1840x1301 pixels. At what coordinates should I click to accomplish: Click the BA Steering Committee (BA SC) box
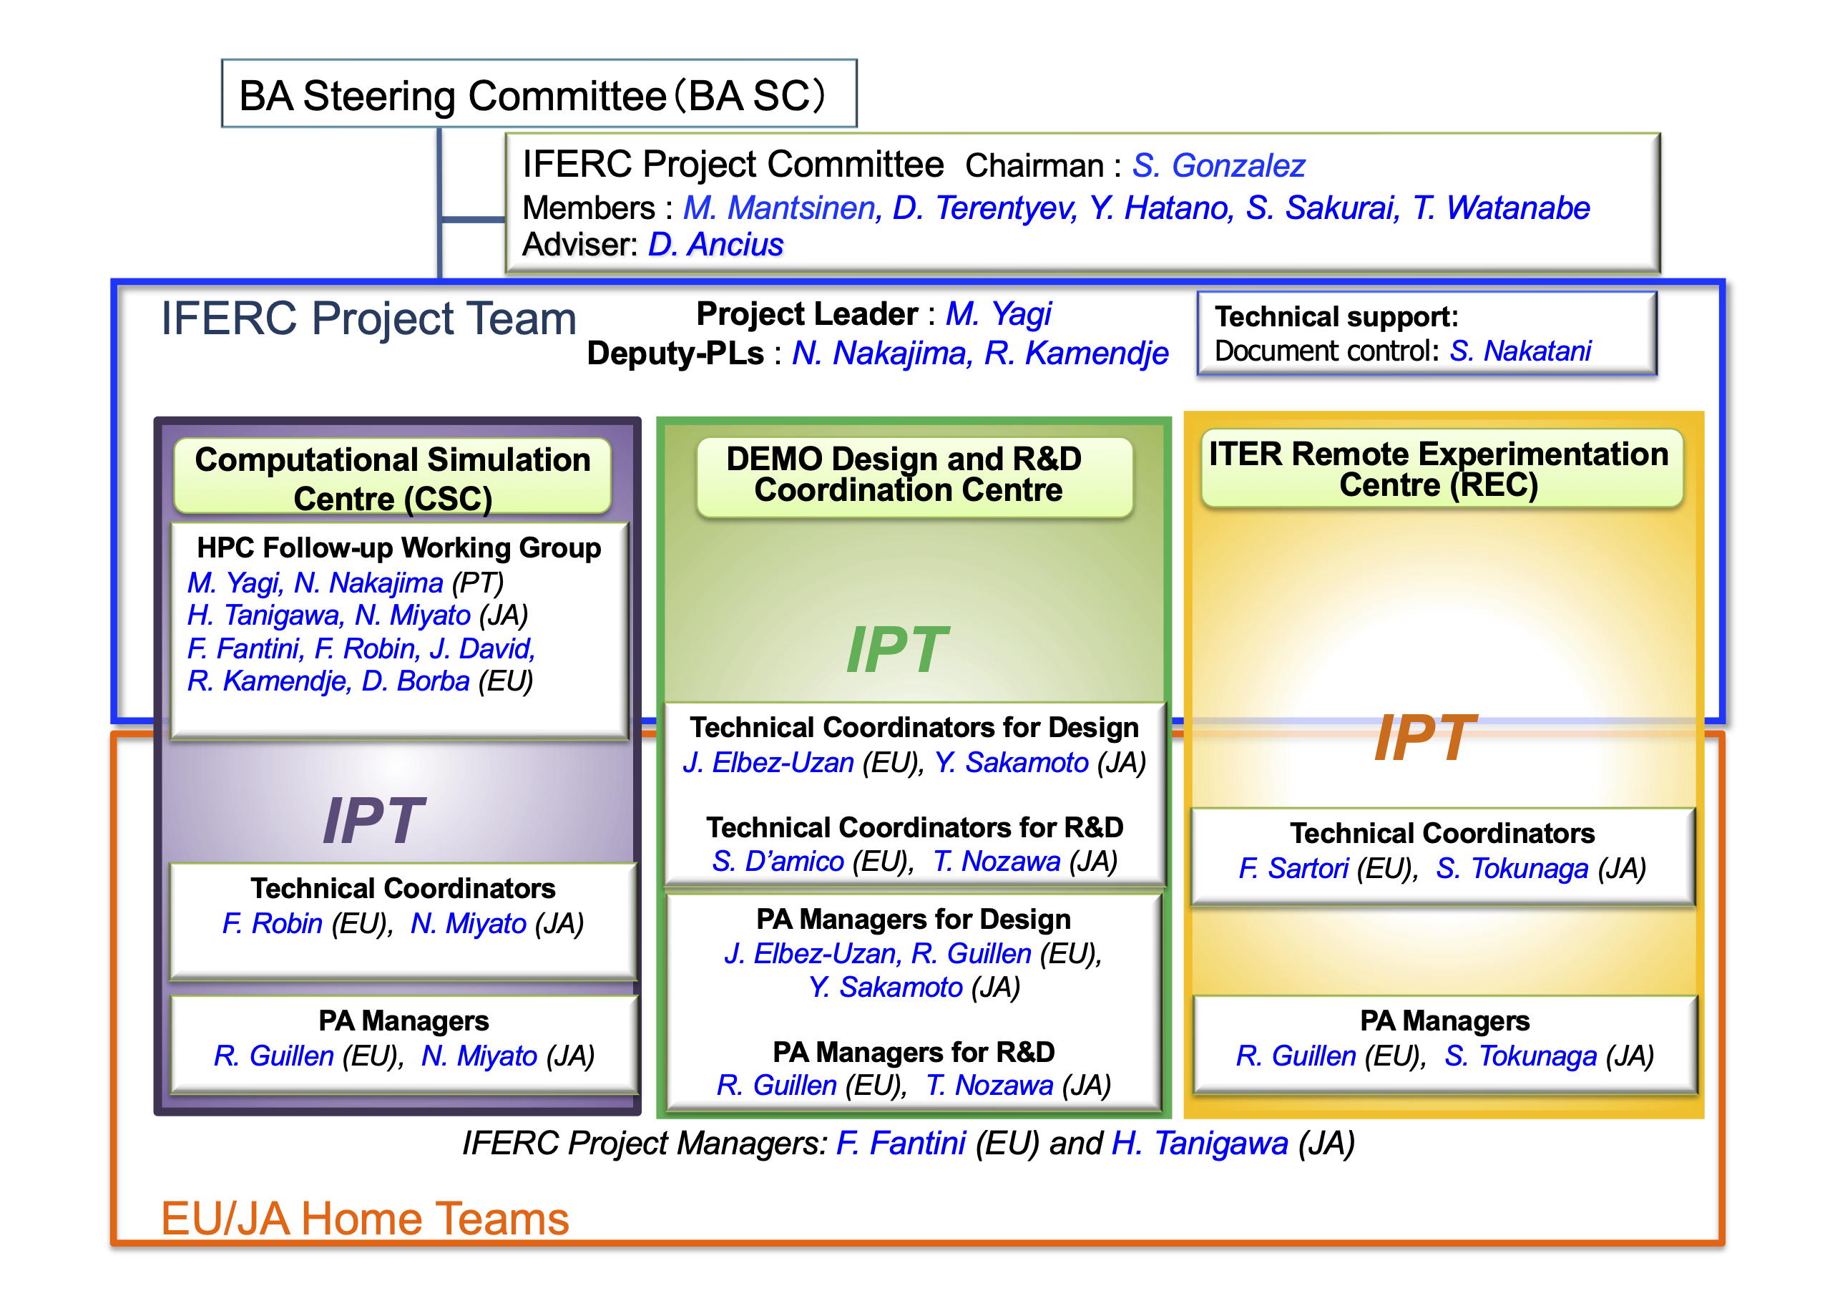coord(539,93)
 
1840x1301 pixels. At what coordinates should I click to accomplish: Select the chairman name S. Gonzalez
coord(1218,166)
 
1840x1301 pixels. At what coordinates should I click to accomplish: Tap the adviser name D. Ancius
coord(715,245)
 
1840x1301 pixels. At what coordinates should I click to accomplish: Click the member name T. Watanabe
coord(1501,208)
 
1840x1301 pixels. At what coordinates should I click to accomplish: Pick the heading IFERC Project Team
coord(368,318)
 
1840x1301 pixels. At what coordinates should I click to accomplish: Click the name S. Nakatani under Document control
coord(1520,351)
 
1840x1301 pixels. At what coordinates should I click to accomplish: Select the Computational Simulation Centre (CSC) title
coord(393,478)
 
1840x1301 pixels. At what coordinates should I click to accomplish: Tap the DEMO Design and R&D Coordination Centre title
coord(905,474)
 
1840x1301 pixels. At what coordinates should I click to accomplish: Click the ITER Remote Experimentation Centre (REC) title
coord(1439,469)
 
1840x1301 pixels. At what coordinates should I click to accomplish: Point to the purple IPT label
coord(373,820)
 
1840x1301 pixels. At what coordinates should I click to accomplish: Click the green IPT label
coord(897,649)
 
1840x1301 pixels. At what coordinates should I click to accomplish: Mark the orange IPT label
coord(1424,738)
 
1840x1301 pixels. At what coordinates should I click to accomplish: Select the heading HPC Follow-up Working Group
coord(399,547)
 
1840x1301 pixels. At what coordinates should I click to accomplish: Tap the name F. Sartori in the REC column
coord(1293,868)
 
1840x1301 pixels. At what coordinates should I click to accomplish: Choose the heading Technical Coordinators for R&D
coord(914,827)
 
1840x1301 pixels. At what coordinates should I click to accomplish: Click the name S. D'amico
coord(778,861)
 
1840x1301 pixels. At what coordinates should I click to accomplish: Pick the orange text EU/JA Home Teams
coord(365,1219)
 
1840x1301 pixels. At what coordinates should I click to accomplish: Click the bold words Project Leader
coord(807,313)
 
